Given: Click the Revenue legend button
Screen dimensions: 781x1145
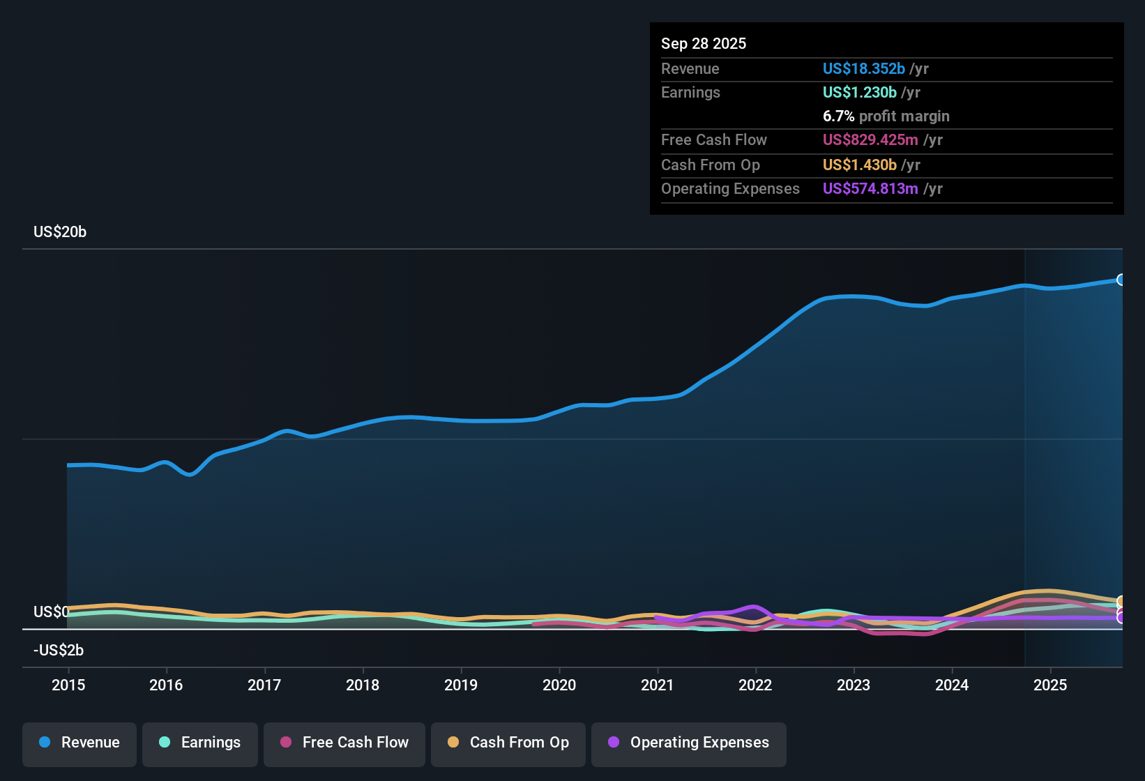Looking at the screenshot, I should click(x=79, y=743).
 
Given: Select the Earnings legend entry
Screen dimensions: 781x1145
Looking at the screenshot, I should click(x=200, y=743).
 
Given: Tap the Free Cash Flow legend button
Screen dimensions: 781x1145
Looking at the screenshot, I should click(x=344, y=743).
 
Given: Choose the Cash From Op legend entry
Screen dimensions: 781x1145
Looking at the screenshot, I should click(x=508, y=743).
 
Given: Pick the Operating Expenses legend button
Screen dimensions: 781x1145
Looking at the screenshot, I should click(x=689, y=743).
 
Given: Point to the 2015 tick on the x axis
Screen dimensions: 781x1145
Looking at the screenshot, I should click(x=68, y=685).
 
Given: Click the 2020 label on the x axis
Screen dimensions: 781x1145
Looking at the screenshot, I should click(x=559, y=685).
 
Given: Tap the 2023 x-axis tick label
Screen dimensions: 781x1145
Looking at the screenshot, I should click(x=854, y=685).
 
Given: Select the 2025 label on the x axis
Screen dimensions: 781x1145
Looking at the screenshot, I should click(x=1050, y=685).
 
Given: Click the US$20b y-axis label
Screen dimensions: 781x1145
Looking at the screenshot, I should click(x=60, y=232).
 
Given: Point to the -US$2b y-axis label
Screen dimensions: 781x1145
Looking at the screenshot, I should click(x=59, y=651).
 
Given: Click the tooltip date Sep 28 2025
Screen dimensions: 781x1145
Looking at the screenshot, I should click(x=704, y=44).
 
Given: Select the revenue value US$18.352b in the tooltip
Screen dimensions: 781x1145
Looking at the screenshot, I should click(x=863, y=69).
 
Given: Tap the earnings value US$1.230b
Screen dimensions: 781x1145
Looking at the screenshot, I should click(x=859, y=93).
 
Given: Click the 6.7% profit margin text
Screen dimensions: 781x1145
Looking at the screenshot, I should click(x=886, y=116).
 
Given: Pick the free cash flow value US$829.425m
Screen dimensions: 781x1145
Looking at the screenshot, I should click(x=870, y=140).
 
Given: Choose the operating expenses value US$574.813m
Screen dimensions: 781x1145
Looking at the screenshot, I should click(x=870, y=189).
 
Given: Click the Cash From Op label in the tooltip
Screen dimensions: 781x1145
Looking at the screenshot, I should click(x=710, y=165).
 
